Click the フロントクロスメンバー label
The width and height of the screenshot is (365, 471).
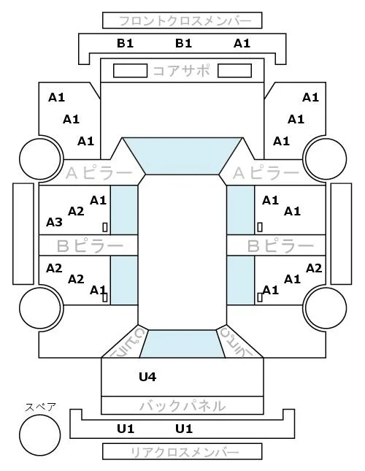point(185,21)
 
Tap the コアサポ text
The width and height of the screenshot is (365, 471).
point(182,71)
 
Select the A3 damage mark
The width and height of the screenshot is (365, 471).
point(54,222)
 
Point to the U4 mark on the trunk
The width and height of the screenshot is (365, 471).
point(147,376)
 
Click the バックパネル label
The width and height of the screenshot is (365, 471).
point(182,406)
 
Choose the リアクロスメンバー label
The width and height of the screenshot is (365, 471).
point(185,452)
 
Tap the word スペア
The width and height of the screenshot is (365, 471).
point(40,407)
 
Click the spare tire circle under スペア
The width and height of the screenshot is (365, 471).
point(40,435)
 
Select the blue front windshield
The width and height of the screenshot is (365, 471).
point(182,156)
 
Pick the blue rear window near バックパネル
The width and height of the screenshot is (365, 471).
point(182,344)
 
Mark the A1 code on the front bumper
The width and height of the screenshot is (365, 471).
point(242,44)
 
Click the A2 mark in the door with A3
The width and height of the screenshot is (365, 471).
point(76,211)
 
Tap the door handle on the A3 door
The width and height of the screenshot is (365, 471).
point(105,227)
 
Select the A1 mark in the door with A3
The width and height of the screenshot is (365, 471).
point(98,200)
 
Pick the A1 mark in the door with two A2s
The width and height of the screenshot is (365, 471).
point(98,290)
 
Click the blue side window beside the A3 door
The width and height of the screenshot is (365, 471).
point(124,210)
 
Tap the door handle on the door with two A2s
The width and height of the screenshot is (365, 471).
point(105,297)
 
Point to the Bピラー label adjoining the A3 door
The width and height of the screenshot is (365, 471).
point(90,246)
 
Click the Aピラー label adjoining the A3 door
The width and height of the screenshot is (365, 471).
point(99,173)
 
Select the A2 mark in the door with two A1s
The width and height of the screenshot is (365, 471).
point(314,268)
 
